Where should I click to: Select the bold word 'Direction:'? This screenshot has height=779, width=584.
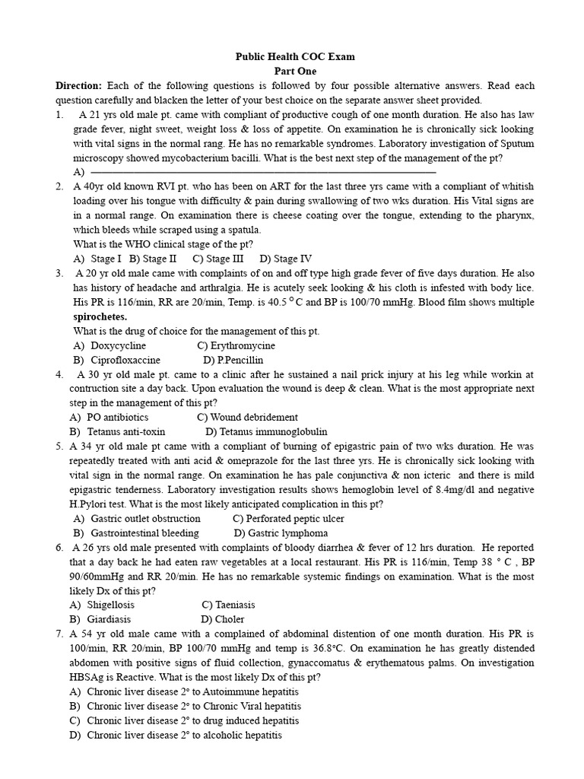pyautogui.click(x=78, y=85)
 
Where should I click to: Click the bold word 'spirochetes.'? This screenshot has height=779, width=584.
pyautogui.click(x=100, y=316)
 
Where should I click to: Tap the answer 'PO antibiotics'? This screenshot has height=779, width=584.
pyautogui.click(x=117, y=417)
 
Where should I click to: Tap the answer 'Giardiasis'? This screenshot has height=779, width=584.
pyautogui.click(x=109, y=619)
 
